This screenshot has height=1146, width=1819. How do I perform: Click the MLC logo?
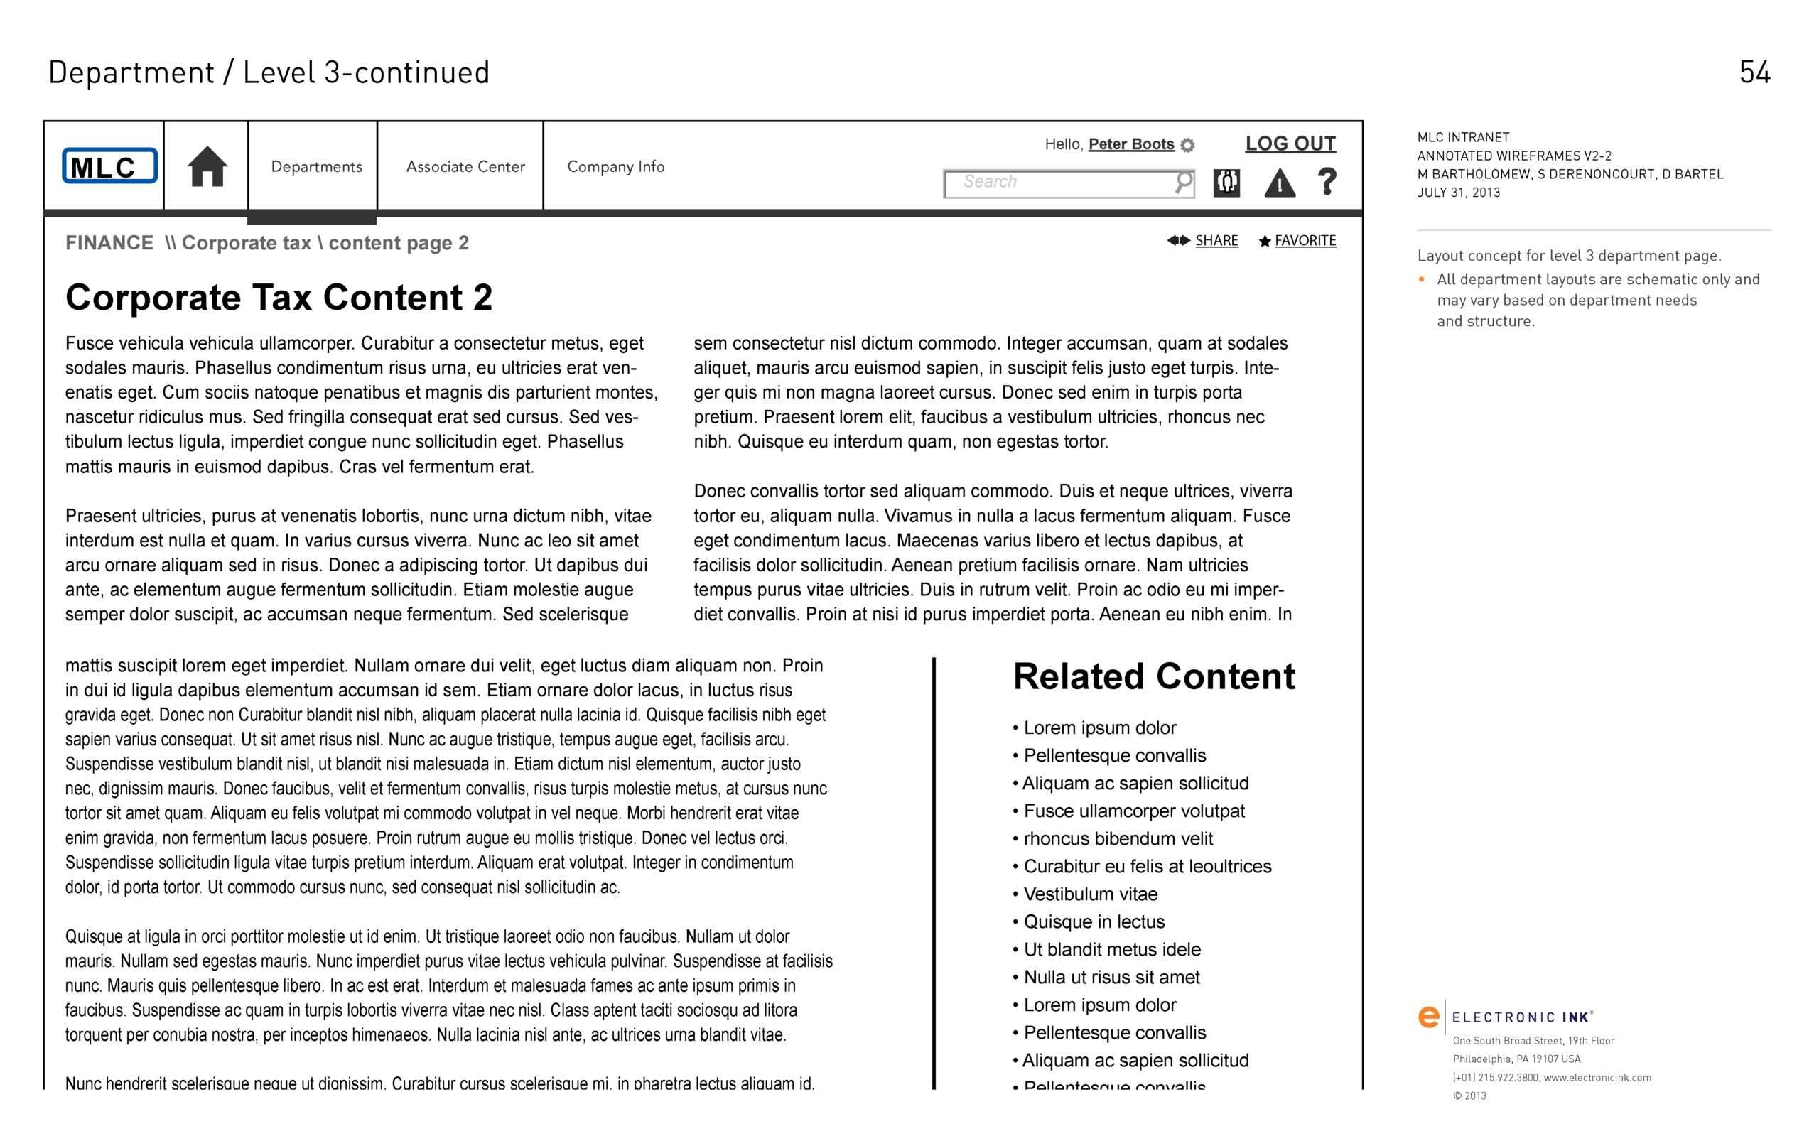click(x=109, y=166)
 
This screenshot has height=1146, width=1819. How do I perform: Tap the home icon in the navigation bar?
click(x=207, y=166)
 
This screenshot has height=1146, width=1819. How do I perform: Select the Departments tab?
click(x=316, y=167)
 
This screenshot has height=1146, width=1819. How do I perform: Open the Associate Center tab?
click(x=465, y=167)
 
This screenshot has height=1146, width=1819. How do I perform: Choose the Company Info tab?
click(x=615, y=167)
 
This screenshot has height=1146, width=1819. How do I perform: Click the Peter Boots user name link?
click(x=1130, y=144)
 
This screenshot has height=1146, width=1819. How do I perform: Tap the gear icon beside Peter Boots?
click(x=1187, y=145)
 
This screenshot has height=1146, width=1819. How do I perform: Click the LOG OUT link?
click(x=1290, y=144)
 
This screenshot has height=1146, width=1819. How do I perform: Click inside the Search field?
click(x=1057, y=183)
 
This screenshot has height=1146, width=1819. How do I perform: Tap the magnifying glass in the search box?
click(x=1183, y=182)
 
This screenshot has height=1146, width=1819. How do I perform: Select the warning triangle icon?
click(x=1280, y=183)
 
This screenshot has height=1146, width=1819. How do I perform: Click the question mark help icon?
click(x=1327, y=182)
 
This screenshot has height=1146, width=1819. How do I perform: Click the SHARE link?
click(x=1216, y=241)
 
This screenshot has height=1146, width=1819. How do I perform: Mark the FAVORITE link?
click(x=1305, y=241)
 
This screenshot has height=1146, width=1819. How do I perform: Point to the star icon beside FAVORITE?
click(x=1265, y=242)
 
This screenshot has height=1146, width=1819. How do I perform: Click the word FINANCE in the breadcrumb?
click(x=109, y=243)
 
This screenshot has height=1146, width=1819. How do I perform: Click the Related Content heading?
click(x=1153, y=676)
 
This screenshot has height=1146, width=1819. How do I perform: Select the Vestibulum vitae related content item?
click(x=1090, y=894)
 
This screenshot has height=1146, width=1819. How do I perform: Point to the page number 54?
click(x=1754, y=72)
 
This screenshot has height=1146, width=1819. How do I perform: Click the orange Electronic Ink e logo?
click(x=1428, y=1017)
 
